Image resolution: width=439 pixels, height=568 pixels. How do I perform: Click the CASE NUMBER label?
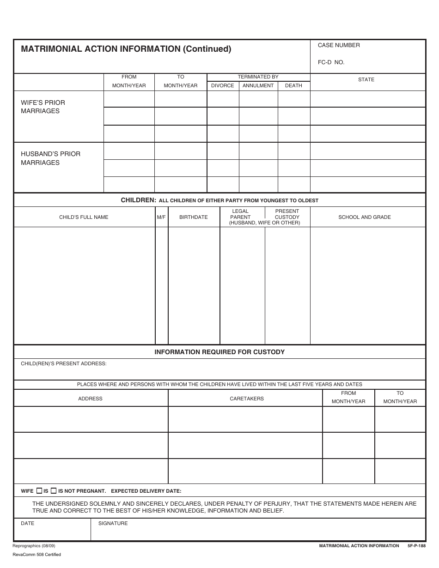coord(339,45)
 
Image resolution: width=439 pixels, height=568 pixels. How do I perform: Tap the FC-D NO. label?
coord(331,62)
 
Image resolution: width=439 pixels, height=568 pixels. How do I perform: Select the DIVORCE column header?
coord(222,85)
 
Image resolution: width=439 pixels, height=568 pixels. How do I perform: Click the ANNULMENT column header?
coord(258,85)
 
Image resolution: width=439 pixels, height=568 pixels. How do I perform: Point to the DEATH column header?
coord(293,85)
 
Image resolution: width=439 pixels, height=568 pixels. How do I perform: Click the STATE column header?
coord(366,80)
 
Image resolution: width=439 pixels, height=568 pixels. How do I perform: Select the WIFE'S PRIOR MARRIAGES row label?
coord(43,107)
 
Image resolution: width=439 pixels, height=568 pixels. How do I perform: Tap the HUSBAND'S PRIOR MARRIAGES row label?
coord(50,158)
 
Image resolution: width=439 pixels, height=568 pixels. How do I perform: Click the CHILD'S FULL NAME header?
coord(84,217)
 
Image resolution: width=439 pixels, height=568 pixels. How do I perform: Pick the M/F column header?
coord(161,217)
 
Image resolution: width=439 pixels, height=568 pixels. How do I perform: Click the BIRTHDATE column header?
coord(193,217)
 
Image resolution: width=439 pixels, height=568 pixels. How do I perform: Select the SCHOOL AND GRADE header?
coord(365,217)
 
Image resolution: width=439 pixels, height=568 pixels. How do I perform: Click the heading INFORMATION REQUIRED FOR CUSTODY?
coord(219,352)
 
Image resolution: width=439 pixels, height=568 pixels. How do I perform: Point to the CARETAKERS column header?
coord(247,399)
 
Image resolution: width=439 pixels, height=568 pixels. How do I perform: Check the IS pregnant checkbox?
coord(39,491)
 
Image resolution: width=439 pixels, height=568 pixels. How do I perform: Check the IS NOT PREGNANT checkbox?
coord(54,491)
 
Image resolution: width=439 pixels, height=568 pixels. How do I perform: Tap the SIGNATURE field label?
coord(113,523)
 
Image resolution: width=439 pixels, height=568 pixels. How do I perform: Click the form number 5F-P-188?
coord(416,546)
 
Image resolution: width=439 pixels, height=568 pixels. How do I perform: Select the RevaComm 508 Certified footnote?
coord(37,555)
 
